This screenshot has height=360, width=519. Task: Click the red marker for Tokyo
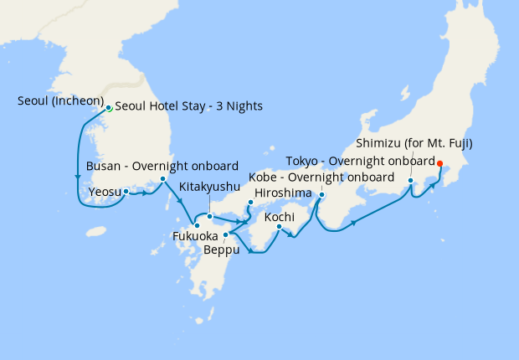pos(440,163)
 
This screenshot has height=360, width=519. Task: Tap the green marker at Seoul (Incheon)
pos(108,108)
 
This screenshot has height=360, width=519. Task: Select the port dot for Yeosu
pos(126,191)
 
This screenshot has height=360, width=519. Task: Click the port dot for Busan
pos(162,179)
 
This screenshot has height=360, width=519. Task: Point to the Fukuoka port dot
pos(196,224)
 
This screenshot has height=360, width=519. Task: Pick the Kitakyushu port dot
pos(209,217)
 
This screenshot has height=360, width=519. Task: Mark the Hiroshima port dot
pos(250,203)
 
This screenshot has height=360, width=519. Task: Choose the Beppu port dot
pos(225,234)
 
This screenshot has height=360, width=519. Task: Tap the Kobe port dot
pos(322,196)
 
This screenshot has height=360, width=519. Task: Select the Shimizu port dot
pos(410,181)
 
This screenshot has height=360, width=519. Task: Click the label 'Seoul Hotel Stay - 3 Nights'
pos(188,106)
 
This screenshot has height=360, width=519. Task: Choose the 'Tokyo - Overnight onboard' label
pos(360,160)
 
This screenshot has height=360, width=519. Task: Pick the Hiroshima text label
pos(283,193)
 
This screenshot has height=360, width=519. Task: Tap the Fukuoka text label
pos(195,236)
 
